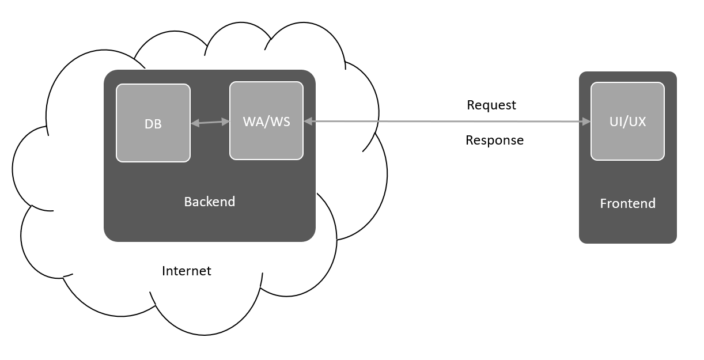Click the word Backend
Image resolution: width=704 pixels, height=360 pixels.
[209, 202]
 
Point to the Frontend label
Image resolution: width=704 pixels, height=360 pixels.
[627, 203]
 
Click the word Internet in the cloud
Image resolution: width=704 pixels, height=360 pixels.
[187, 271]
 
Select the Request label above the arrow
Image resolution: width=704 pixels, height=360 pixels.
[491, 105]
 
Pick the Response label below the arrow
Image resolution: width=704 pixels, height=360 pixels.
[494, 140]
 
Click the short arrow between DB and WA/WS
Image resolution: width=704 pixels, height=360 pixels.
[210, 122]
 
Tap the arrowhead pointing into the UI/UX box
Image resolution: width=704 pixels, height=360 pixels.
[586, 122]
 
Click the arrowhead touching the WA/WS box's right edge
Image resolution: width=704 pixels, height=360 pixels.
[308, 121]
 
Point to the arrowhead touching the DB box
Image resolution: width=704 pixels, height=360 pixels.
[194, 123]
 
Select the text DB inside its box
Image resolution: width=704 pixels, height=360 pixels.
[153, 124]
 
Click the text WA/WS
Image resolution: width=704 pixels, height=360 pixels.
[266, 122]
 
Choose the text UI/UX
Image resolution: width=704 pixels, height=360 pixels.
[627, 122]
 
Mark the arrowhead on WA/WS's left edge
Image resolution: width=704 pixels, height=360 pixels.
[225, 121]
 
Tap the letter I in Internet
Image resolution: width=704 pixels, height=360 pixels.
[164, 271]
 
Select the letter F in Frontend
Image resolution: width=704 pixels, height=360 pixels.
[603, 203]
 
